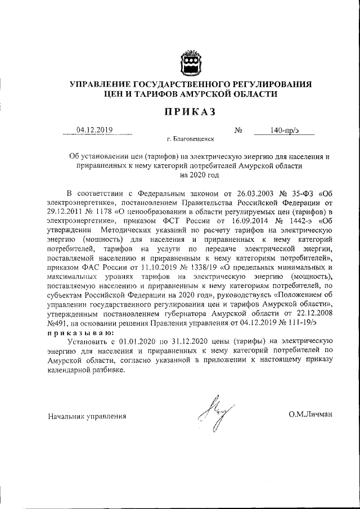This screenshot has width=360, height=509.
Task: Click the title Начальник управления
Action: (86, 416)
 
